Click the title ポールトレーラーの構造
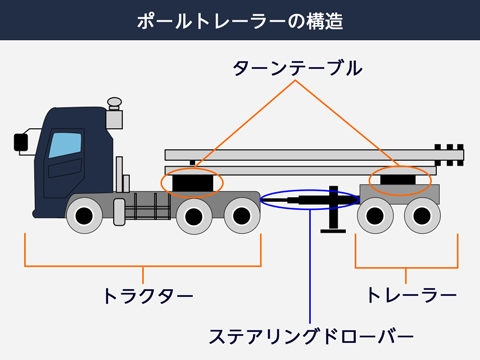(x=240, y=20)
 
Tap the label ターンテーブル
(x=297, y=68)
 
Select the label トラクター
(x=147, y=296)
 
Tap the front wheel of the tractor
(x=83, y=214)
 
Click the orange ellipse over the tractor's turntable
(x=191, y=182)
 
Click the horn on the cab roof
(x=113, y=104)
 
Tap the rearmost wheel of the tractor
(x=239, y=214)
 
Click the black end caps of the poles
(x=451, y=156)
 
